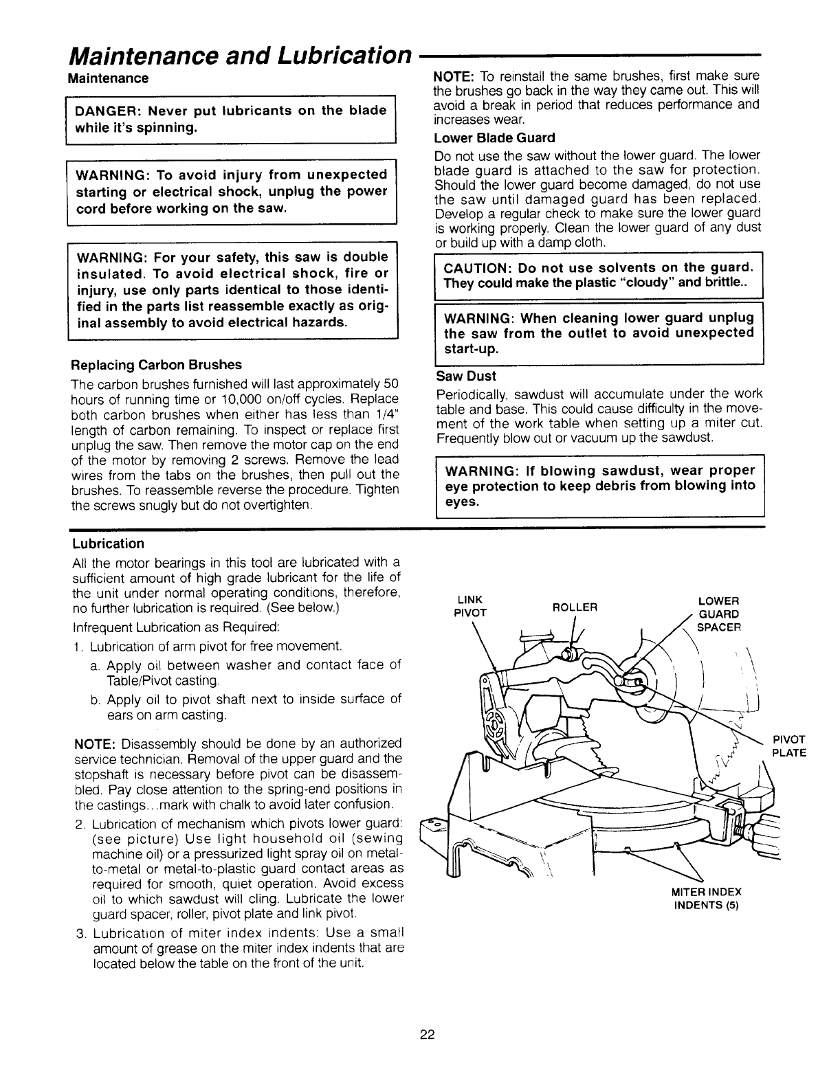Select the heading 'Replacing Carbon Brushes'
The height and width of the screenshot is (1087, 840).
tap(157, 364)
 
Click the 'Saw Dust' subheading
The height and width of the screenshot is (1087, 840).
tap(466, 377)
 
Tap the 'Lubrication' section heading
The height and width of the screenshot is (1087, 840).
tap(108, 544)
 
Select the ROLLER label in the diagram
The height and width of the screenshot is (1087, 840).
tap(575, 607)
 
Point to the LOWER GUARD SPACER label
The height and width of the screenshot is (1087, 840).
tap(718, 614)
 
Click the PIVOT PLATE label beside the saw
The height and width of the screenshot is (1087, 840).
tap(789, 746)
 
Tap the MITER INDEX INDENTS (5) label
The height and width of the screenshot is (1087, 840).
tap(706, 898)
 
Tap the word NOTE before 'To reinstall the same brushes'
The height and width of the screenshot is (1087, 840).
tap(452, 75)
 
